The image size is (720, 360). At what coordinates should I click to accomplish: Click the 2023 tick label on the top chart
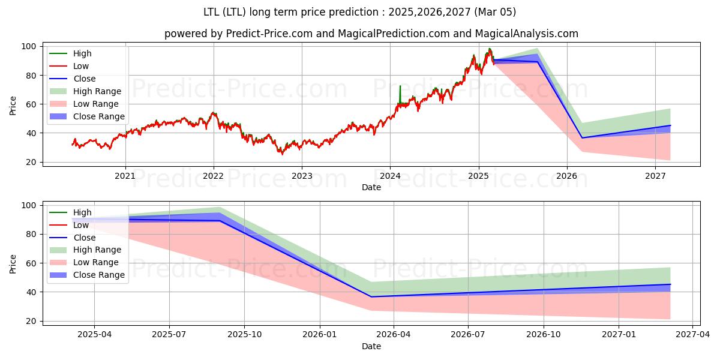pyautogui.click(x=301, y=176)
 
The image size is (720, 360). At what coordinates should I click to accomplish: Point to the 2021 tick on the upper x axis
pyautogui.click(x=125, y=176)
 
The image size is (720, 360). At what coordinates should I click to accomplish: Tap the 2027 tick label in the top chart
pyautogui.click(x=655, y=176)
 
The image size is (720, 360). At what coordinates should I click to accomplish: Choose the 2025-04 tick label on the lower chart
pyautogui.click(x=94, y=335)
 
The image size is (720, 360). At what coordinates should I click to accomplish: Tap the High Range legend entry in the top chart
pyautogui.click(x=97, y=91)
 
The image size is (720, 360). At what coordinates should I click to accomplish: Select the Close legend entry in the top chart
pyautogui.click(x=85, y=79)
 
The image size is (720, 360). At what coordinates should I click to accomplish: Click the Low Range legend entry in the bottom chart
pyautogui.click(x=95, y=262)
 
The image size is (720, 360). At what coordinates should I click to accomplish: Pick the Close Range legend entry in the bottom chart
pyautogui.click(x=99, y=275)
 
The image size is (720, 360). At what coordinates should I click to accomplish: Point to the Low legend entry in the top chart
pyautogui.click(x=81, y=66)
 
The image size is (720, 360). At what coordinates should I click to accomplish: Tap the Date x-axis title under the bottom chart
pyautogui.click(x=371, y=346)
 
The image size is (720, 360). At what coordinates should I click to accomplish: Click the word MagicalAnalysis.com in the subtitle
pyautogui.click(x=527, y=34)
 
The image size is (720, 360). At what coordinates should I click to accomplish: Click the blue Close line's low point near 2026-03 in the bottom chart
pyautogui.click(x=371, y=296)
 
